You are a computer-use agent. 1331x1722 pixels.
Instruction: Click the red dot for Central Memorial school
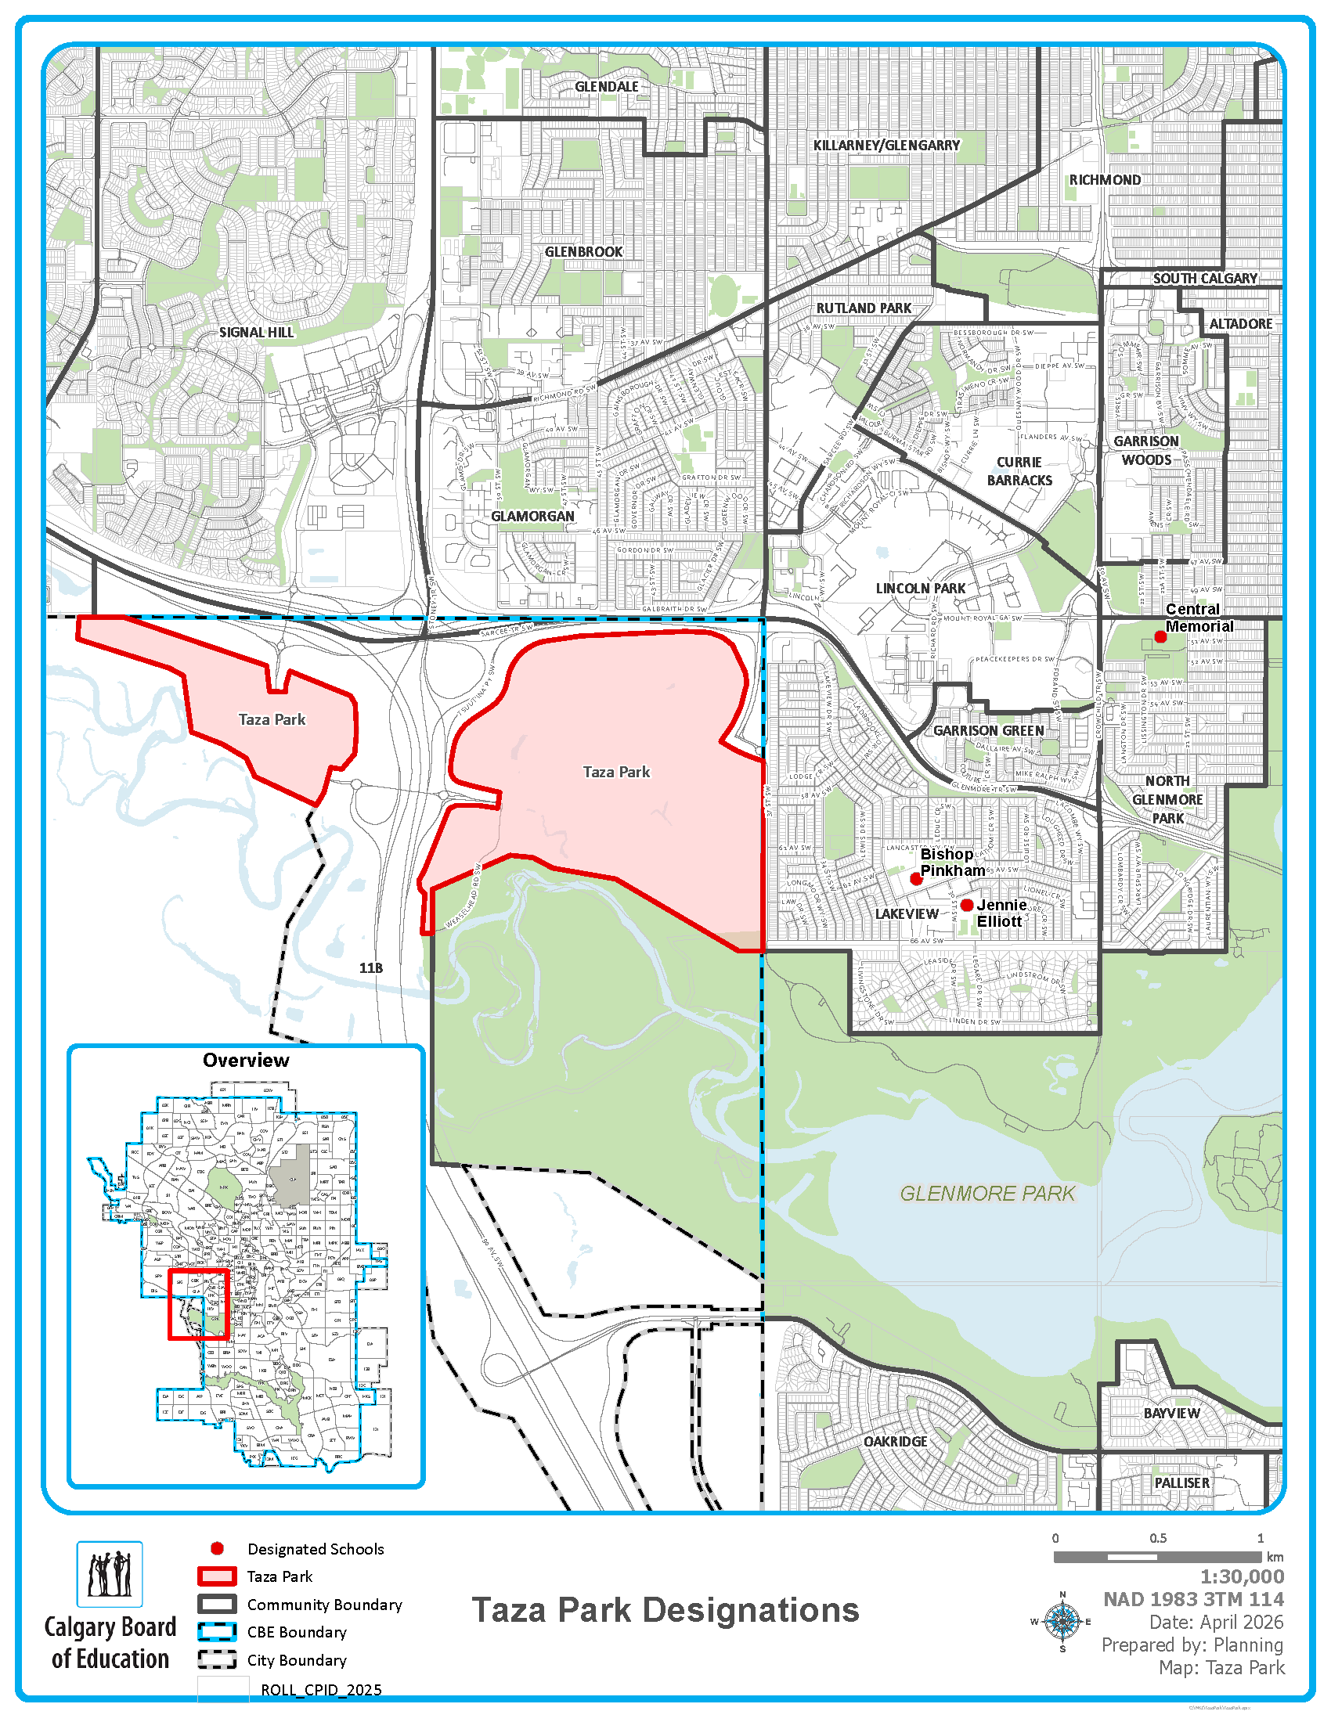click(1160, 636)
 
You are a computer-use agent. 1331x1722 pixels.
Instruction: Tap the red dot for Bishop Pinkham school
click(915, 878)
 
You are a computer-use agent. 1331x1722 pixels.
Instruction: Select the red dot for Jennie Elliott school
click(967, 905)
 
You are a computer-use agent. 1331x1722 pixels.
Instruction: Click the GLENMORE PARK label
click(987, 1194)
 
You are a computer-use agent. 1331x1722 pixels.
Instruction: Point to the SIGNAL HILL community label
click(256, 333)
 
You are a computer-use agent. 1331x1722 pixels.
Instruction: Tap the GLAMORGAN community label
click(533, 517)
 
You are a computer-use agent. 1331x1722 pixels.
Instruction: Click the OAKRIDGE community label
click(895, 1442)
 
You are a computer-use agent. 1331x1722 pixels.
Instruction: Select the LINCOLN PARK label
click(920, 589)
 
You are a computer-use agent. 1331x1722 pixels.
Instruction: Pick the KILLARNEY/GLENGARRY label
click(886, 146)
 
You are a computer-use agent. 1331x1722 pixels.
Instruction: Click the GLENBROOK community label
click(583, 252)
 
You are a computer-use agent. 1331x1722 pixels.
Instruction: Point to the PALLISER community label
click(1181, 1483)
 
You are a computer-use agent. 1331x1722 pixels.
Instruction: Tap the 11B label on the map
click(370, 968)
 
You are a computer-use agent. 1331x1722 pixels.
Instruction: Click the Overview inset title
click(246, 1061)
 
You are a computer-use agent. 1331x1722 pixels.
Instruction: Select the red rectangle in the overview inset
click(199, 1304)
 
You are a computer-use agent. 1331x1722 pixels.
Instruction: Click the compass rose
click(1062, 1622)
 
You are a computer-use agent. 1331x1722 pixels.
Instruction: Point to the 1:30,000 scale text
click(1242, 1577)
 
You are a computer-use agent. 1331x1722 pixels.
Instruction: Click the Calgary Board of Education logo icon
click(110, 1575)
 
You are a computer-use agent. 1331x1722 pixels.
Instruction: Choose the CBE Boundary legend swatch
click(217, 1632)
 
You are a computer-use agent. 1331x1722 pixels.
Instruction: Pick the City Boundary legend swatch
click(217, 1659)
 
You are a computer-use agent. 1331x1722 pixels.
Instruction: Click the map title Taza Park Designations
click(665, 1610)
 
